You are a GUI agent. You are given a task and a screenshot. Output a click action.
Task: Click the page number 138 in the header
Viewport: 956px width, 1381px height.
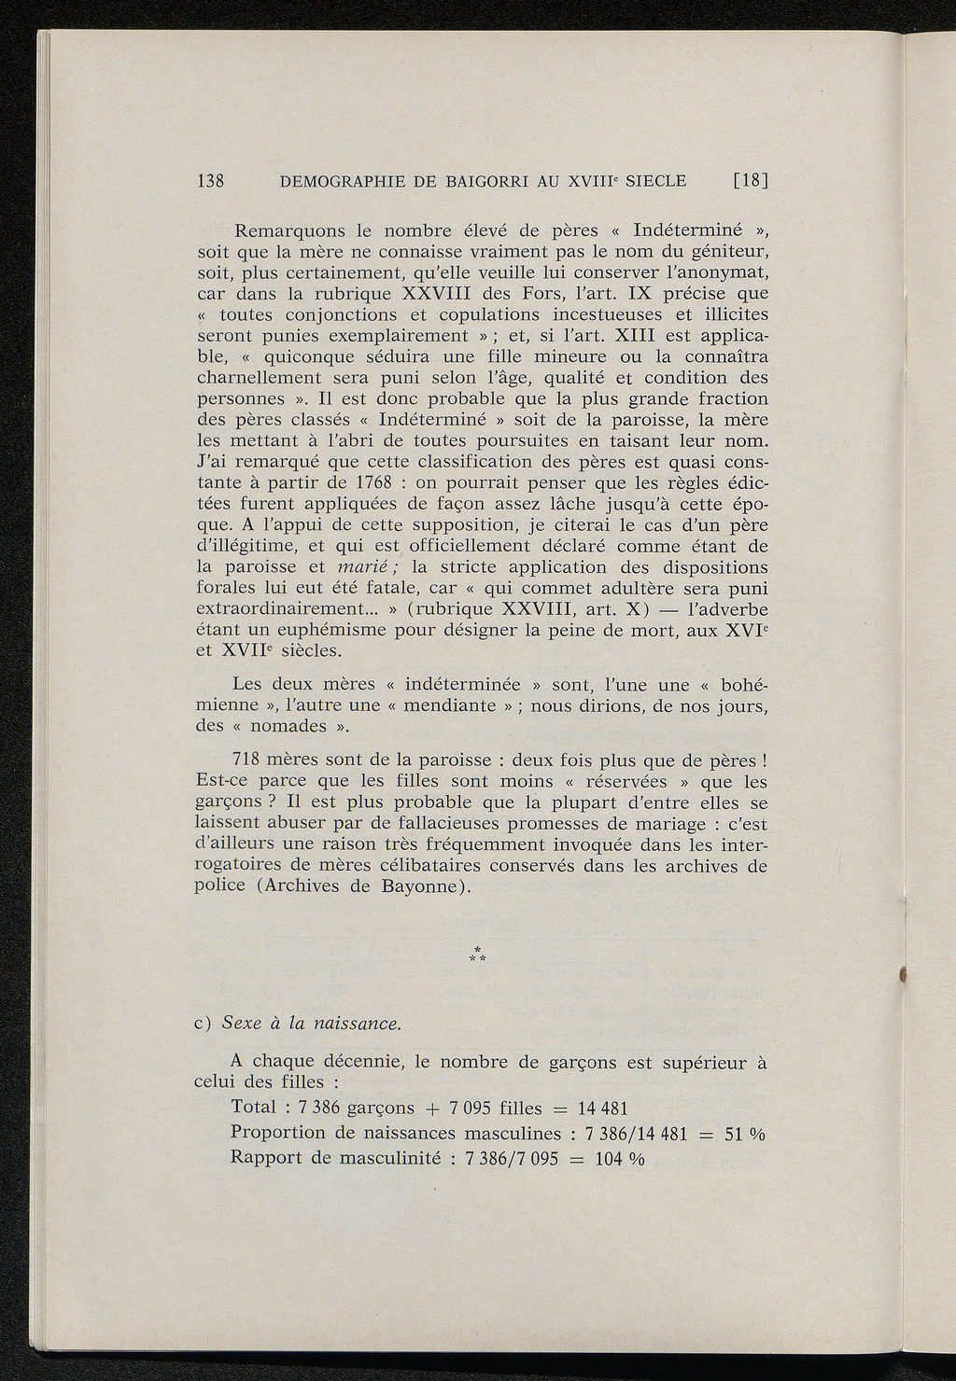click(x=211, y=181)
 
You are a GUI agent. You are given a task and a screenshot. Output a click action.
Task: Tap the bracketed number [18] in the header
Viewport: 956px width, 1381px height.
click(x=750, y=181)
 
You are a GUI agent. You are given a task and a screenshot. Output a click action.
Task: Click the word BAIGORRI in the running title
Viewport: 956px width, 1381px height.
click(x=474, y=181)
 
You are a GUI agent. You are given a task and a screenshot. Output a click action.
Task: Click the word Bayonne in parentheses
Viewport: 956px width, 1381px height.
click(x=414, y=886)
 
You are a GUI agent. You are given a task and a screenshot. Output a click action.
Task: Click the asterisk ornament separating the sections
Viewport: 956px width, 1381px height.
click(x=478, y=955)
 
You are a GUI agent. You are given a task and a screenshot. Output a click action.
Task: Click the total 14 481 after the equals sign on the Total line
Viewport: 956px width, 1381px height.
click(x=603, y=1109)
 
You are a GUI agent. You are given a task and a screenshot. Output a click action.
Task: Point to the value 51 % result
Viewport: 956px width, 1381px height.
click(x=745, y=1134)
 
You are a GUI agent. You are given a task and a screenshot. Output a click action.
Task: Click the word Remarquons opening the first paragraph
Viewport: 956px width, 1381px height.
click(x=290, y=230)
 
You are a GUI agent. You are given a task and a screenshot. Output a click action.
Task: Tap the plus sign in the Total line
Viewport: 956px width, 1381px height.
click(x=431, y=1109)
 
